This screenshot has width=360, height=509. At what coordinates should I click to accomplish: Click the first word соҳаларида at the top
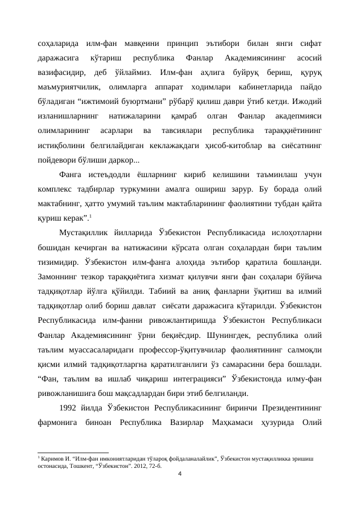tap(57, 43)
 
